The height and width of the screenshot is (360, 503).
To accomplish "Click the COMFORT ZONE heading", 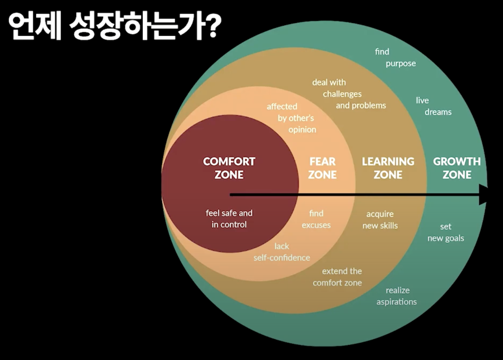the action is pyautogui.click(x=229, y=168).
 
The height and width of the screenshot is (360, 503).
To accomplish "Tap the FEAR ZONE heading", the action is pyautogui.click(x=323, y=168).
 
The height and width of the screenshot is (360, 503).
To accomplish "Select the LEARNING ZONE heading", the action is pyautogui.click(x=388, y=168).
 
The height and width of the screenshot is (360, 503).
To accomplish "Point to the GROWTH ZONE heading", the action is pyautogui.click(x=457, y=168).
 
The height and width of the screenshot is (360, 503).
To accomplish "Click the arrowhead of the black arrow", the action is pyautogui.click(x=483, y=195).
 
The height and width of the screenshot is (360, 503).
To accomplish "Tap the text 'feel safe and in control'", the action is pyautogui.click(x=229, y=219).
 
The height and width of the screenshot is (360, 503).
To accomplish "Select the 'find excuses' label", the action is pyautogui.click(x=316, y=219).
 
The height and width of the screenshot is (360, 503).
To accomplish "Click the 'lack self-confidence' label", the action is pyautogui.click(x=282, y=252).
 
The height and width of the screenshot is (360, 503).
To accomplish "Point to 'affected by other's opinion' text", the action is pyautogui.click(x=291, y=118).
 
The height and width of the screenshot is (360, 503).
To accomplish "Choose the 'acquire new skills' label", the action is pyautogui.click(x=380, y=220).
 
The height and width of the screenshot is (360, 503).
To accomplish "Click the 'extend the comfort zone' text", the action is pyautogui.click(x=337, y=277).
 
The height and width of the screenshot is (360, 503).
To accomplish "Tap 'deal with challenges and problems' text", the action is pyautogui.click(x=349, y=94).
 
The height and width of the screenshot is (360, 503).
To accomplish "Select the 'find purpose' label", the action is pyautogui.click(x=395, y=57).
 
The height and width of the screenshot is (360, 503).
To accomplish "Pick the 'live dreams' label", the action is pyautogui.click(x=433, y=106).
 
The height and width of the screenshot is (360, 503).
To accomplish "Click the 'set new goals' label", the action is pyautogui.click(x=446, y=233).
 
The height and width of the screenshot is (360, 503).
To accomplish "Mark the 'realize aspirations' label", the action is pyautogui.click(x=397, y=296).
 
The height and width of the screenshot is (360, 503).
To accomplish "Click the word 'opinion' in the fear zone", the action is pyautogui.click(x=302, y=130).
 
